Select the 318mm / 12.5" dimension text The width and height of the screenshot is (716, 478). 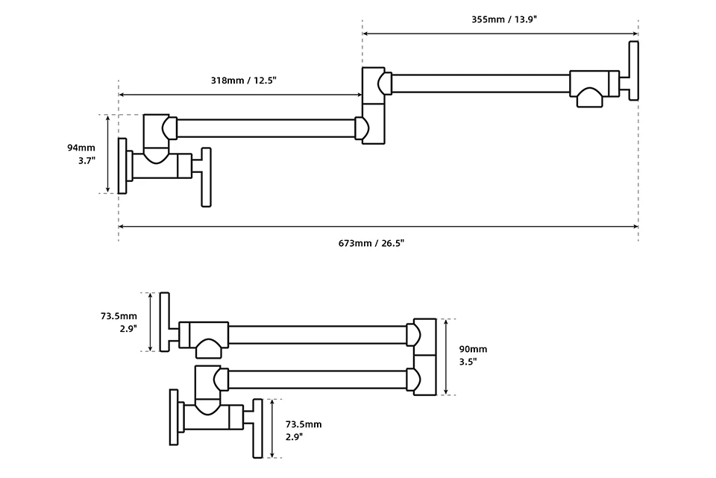[243, 81]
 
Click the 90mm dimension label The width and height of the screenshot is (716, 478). [473, 349]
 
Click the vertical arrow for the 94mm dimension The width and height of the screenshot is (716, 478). [109, 154]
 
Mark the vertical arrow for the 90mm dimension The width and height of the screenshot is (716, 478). [445, 356]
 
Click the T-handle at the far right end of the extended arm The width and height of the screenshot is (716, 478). [634, 70]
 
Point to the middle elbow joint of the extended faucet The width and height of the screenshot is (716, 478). [373, 104]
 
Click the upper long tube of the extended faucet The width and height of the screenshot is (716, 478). [481, 83]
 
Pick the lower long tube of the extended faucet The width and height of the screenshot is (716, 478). [265, 128]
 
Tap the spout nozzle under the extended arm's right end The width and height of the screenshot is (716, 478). [589, 98]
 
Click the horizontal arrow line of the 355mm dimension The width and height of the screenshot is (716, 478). [500, 33]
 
